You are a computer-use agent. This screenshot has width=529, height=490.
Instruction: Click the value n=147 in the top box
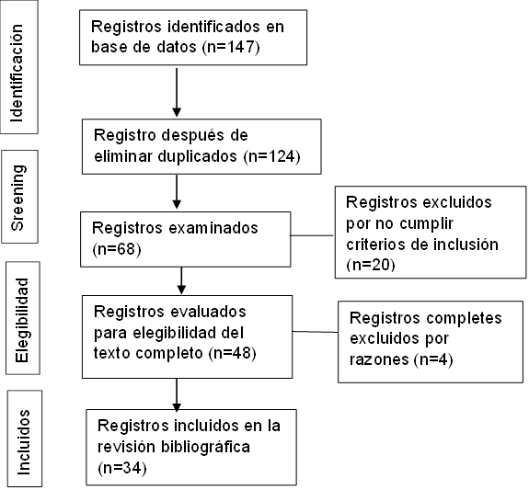pos(231,47)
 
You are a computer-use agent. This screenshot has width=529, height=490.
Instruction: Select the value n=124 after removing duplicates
pos(271,156)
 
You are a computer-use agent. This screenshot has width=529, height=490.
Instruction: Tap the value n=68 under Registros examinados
pos(117,249)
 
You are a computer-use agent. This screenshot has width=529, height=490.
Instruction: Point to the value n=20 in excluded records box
pos(371,265)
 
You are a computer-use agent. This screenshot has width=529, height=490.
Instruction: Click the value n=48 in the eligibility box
pos(232,353)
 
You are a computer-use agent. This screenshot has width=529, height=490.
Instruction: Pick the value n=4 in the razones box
pos(433,359)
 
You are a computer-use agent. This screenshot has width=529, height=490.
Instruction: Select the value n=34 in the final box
pos(122,468)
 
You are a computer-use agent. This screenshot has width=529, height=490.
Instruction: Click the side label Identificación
pos(17,73)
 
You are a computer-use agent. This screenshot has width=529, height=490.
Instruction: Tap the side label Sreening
pos(17,198)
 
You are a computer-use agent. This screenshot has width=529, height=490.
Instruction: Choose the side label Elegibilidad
pos(21,320)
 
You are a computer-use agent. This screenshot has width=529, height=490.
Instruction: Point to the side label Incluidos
pos(24,442)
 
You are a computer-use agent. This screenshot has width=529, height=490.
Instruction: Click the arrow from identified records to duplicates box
pos(177,93)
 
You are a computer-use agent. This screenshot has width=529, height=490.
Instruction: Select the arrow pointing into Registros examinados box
pos(177,192)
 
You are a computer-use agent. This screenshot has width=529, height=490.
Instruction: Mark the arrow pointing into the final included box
pos(177,395)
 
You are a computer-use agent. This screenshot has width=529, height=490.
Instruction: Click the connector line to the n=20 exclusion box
pos(313,235)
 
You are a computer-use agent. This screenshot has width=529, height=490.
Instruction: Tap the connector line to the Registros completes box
pos(316,332)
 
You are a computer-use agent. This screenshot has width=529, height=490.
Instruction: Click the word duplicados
pos(198,156)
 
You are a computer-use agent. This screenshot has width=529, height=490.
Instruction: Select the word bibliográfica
pos(205,448)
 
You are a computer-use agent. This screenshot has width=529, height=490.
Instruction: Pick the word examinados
pos(213,228)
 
